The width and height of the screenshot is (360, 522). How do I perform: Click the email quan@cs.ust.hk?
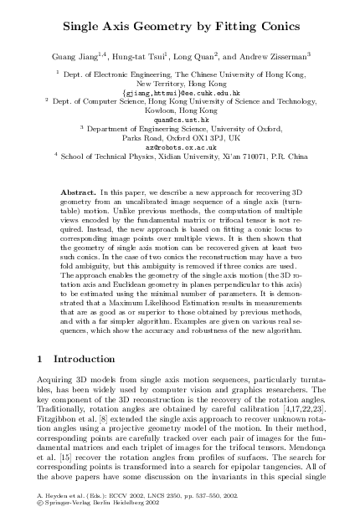click(x=180, y=118)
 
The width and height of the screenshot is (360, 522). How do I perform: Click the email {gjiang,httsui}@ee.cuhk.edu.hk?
click(x=180, y=92)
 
